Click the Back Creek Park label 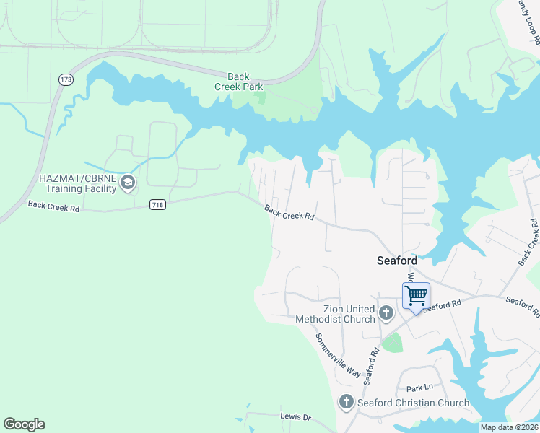(x=238, y=81)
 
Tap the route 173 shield (x=66, y=79)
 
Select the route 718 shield (x=157, y=205)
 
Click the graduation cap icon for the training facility (x=128, y=181)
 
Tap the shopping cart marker (x=416, y=296)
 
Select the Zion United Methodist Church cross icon (x=386, y=313)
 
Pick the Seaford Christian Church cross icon (x=346, y=402)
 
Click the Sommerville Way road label (x=336, y=354)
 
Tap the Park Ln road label (x=418, y=388)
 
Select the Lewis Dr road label (x=295, y=417)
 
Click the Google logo (x=24, y=424)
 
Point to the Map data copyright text (x=509, y=427)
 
